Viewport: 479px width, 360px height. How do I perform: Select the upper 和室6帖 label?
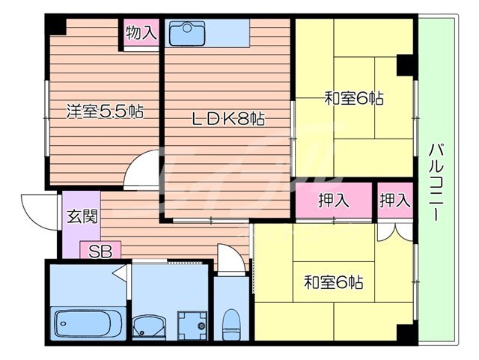coord(354,98)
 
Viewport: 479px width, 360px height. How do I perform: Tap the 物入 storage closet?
coord(141,33)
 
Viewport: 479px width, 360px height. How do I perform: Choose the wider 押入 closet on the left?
coord(333,201)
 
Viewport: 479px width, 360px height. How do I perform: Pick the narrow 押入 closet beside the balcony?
coord(394,201)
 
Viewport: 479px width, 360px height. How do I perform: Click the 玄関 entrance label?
coord(76,217)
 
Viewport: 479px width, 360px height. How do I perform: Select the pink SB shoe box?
coord(100,252)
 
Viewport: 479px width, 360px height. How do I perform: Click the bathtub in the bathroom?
coord(86,323)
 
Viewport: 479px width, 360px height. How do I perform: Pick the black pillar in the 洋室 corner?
coord(55,24)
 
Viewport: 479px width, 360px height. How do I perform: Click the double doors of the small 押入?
coord(394,231)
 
